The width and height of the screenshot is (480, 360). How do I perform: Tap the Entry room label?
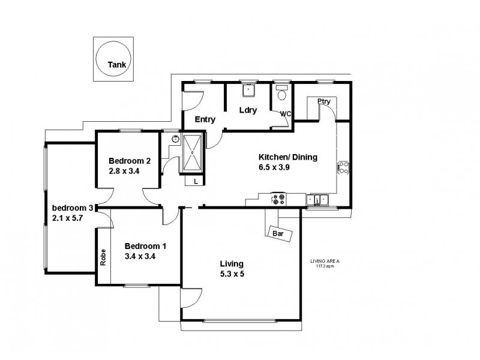[205, 119]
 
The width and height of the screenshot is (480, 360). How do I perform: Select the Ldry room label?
[248, 111]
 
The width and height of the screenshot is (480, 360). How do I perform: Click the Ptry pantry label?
[324, 101]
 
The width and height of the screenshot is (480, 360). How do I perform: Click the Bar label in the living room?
[278, 232]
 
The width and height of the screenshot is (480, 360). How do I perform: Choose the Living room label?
[231, 263]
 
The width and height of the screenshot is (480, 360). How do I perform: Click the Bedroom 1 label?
[145, 246]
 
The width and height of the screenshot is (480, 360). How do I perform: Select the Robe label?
[103, 257]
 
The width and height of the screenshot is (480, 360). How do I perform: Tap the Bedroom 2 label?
[129, 161]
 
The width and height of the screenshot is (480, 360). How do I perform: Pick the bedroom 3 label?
[72, 208]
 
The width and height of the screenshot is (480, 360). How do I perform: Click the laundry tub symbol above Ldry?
[249, 91]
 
